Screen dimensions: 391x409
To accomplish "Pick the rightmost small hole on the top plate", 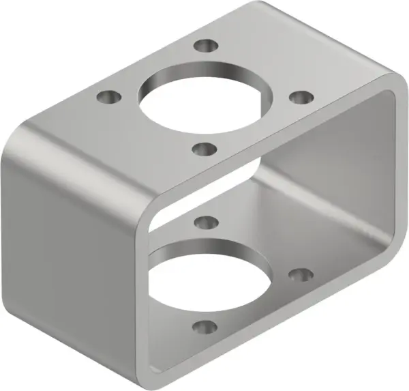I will coord(298,97).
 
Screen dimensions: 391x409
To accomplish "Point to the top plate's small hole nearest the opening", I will coord(204,147).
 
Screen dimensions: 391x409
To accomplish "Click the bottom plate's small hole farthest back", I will coord(204,222).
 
